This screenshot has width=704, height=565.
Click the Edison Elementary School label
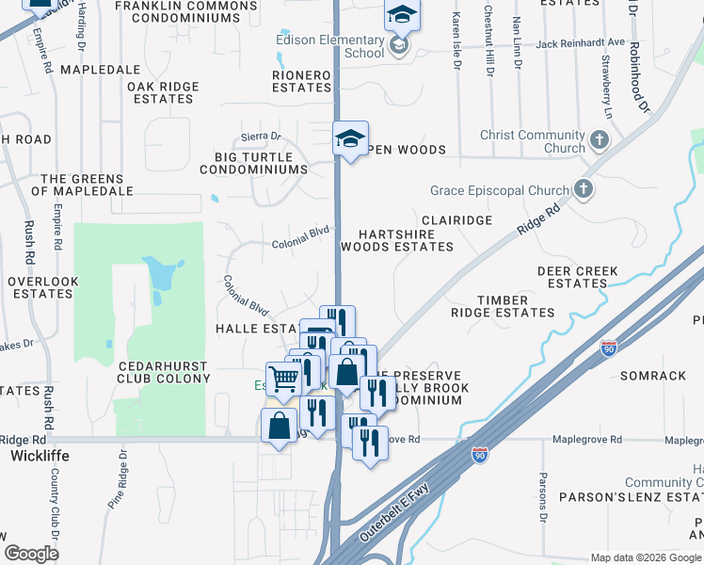click(329, 46)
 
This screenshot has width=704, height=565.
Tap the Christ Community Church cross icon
click(600, 142)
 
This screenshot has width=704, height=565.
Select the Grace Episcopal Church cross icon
click(584, 190)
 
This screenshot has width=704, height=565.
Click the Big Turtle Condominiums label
click(253, 163)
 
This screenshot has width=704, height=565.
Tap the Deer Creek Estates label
click(577, 277)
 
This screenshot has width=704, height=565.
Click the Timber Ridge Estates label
click(502, 306)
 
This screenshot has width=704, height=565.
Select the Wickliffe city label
click(40, 456)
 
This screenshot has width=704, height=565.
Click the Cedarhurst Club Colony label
click(164, 371)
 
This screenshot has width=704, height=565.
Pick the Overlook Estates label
click(42, 287)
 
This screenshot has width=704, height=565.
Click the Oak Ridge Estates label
click(163, 92)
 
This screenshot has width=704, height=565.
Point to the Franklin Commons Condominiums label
click(184, 11)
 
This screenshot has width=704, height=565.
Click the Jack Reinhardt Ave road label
click(581, 43)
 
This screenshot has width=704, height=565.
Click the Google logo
click(31, 554)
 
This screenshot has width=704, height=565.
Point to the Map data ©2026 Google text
click(646, 557)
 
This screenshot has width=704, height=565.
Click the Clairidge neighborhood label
click(456, 219)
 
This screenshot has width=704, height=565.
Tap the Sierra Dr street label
click(262, 137)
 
